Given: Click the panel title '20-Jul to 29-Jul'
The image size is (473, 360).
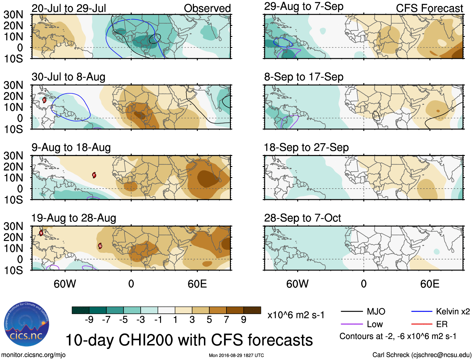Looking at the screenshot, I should (69, 8).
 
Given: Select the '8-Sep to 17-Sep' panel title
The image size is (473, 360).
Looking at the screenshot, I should (304, 77).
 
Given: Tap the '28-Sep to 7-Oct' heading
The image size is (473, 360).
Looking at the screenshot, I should (302, 218).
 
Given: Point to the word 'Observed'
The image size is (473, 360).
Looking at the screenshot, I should (207, 8).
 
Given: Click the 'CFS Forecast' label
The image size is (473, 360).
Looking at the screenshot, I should (429, 8).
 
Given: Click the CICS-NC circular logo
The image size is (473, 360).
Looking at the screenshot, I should (27, 324).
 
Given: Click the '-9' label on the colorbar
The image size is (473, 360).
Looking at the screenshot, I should (89, 320).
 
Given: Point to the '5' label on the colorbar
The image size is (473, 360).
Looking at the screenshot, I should (209, 320).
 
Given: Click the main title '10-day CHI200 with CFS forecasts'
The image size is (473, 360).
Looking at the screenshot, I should (189, 340).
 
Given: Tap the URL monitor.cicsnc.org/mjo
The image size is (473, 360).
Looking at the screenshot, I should (33, 355).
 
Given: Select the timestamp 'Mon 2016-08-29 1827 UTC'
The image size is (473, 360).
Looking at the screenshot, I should (236, 355).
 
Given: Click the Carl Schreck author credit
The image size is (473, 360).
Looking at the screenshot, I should (422, 355).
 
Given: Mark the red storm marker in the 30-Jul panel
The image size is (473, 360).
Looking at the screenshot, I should (44, 100).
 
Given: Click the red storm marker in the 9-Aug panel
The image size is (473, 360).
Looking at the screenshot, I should (94, 175).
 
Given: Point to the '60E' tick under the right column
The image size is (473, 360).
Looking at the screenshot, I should (429, 284).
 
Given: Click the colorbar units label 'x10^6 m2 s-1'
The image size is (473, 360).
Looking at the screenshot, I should (296, 315).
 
